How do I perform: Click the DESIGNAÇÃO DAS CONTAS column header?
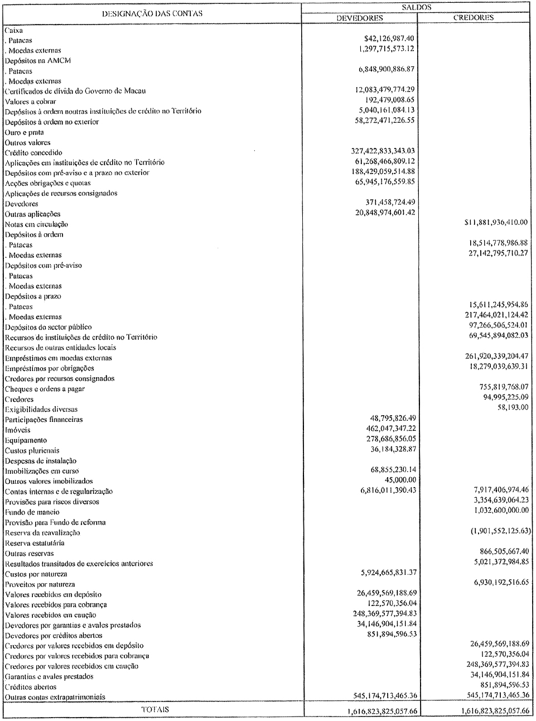coord(152,13)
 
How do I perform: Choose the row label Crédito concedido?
coord(33,152)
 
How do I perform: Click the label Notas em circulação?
coord(36,224)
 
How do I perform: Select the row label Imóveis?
coord(18,430)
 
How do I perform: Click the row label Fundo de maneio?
coord(32,512)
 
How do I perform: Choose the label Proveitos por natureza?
coord(40,584)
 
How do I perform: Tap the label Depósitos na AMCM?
coord(38,60)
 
